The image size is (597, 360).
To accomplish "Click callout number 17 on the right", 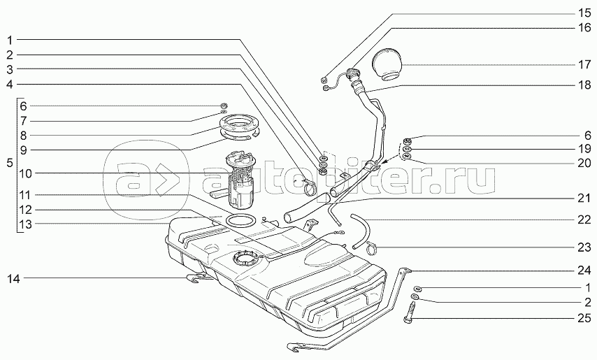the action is pos(584,65).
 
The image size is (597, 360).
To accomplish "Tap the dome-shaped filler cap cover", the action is pos(387,64).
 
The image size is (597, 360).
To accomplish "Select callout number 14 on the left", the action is pos(13,279).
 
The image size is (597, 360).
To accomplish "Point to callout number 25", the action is pos(584,318).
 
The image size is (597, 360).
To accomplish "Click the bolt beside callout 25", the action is pos(408,312).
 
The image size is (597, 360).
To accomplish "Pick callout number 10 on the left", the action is pos(26,173).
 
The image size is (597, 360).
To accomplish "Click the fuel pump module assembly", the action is pos(237,180).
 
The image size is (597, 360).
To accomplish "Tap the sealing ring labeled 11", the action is pos(240,220).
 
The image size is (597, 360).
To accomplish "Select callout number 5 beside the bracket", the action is pos(10,164).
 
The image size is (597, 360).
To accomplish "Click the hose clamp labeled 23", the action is pos(373,250).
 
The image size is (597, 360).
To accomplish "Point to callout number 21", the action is pos(584,199).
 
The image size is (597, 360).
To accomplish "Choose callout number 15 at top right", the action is pos(584,14).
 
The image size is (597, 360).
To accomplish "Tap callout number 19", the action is pos(584,149).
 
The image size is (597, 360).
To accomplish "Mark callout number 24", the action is pos(584,271).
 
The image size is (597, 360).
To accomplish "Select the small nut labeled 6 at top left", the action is pos(224,106).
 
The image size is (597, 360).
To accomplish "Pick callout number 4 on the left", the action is pos(10,84).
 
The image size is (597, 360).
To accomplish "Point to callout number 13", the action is pos(26,224).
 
